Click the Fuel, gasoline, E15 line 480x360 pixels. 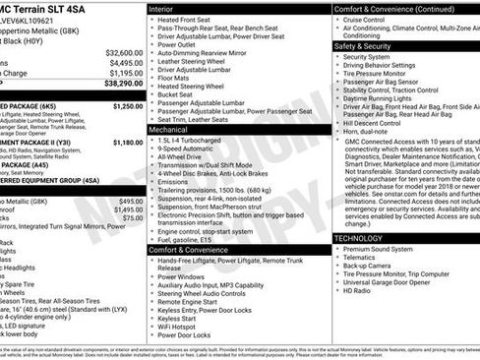click(190, 239)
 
